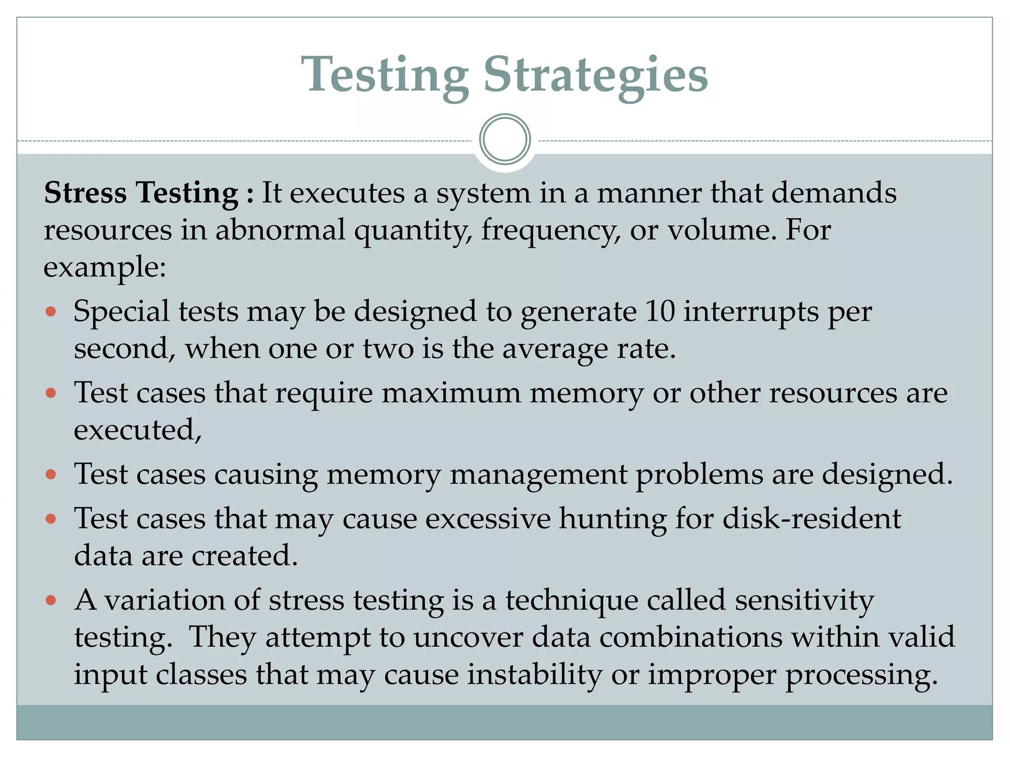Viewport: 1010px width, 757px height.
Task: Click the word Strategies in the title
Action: click(x=595, y=75)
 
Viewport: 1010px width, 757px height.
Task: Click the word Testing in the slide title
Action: click(x=385, y=75)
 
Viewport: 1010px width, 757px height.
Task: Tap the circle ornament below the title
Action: click(x=505, y=139)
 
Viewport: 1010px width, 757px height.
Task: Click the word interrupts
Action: click(x=751, y=312)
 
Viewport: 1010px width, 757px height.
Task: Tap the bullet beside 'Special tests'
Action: click(x=51, y=312)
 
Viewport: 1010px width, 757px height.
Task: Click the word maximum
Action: click(x=451, y=393)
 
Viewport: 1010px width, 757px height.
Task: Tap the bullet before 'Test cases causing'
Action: click(x=51, y=475)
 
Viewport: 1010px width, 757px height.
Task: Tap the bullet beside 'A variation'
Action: click(x=51, y=600)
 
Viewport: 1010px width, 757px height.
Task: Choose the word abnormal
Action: click(x=280, y=230)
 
